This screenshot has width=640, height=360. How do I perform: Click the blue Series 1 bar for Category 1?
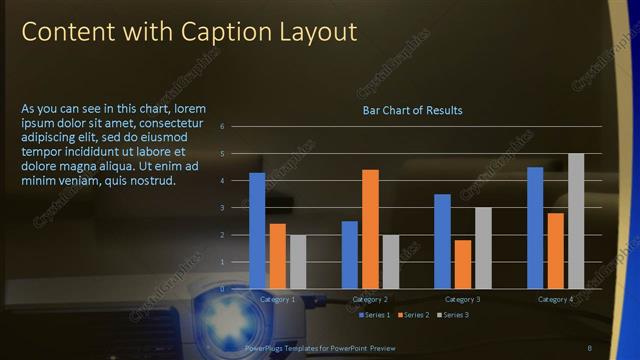(257, 231)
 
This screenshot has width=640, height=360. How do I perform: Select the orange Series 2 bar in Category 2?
(370, 229)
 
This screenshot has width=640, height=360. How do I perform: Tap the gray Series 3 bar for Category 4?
(576, 221)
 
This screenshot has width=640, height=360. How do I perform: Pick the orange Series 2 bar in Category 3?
(463, 264)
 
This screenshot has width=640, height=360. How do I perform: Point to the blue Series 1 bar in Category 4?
(535, 228)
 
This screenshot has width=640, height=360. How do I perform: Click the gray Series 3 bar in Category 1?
(298, 262)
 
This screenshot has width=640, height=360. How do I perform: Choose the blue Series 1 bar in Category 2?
(350, 255)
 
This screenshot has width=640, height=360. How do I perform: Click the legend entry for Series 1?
(375, 315)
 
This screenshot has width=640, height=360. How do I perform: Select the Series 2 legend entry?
(413, 315)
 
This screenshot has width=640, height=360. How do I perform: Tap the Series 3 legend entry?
(451, 315)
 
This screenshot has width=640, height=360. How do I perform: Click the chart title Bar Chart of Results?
(412, 110)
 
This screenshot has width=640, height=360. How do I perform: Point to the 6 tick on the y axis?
(236, 127)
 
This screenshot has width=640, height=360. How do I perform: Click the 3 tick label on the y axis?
(236, 208)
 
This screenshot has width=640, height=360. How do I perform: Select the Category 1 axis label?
(277, 299)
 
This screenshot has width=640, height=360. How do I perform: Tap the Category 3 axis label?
(463, 299)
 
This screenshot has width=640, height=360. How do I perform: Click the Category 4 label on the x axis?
(556, 299)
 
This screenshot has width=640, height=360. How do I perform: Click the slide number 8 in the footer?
(589, 346)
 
